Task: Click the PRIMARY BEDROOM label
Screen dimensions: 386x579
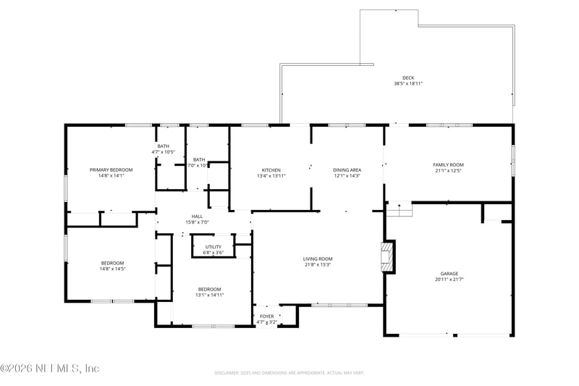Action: tap(111, 169)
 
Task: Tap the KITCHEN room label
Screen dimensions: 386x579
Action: tap(271, 169)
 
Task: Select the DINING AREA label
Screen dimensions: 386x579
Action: tap(347, 169)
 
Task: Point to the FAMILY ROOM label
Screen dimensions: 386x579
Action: tap(448, 164)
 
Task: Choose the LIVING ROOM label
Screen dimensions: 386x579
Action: tap(317, 259)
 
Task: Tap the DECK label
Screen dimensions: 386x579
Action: tap(408, 78)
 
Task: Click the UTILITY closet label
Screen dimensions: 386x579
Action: tap(213, 247)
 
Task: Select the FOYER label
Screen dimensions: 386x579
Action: tap(267, 316)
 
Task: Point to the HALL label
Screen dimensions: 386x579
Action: tap(197, 216)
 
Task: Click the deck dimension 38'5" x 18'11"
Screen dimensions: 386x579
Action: tap(408, 84)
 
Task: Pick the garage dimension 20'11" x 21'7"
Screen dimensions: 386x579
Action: tap(449, 279)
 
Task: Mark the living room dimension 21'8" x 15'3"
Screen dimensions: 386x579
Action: tap(317, 264)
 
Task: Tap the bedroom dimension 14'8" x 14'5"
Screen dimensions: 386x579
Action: tap(112, 269)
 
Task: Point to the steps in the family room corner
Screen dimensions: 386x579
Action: tap(398, 209)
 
